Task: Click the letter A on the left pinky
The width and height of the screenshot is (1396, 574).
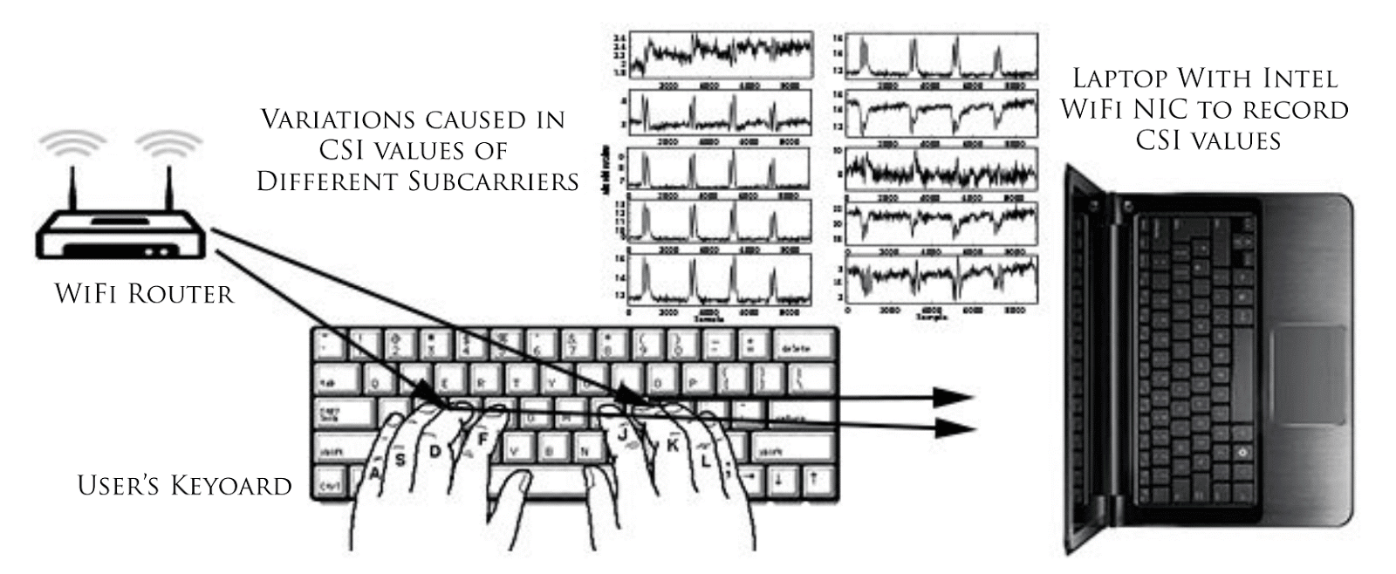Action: [376, 472]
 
